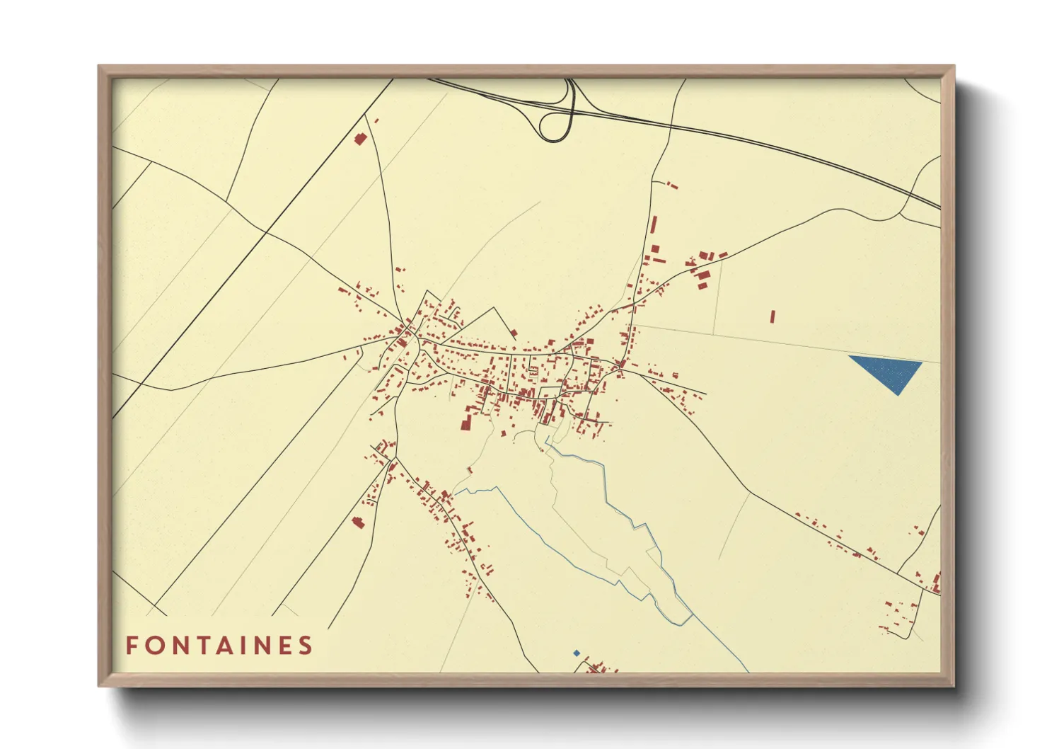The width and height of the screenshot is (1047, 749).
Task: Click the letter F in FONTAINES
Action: [132, 646]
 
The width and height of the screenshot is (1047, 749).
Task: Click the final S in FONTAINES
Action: [307, 646]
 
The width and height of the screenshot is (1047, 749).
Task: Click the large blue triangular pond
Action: [889, 371]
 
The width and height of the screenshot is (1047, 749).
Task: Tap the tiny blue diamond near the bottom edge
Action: [577, 653]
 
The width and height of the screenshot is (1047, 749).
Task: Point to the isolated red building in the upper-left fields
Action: [360, 138]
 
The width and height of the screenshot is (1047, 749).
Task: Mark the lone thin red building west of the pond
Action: [773, 316]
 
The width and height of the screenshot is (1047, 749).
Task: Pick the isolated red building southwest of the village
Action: [358, 522]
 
